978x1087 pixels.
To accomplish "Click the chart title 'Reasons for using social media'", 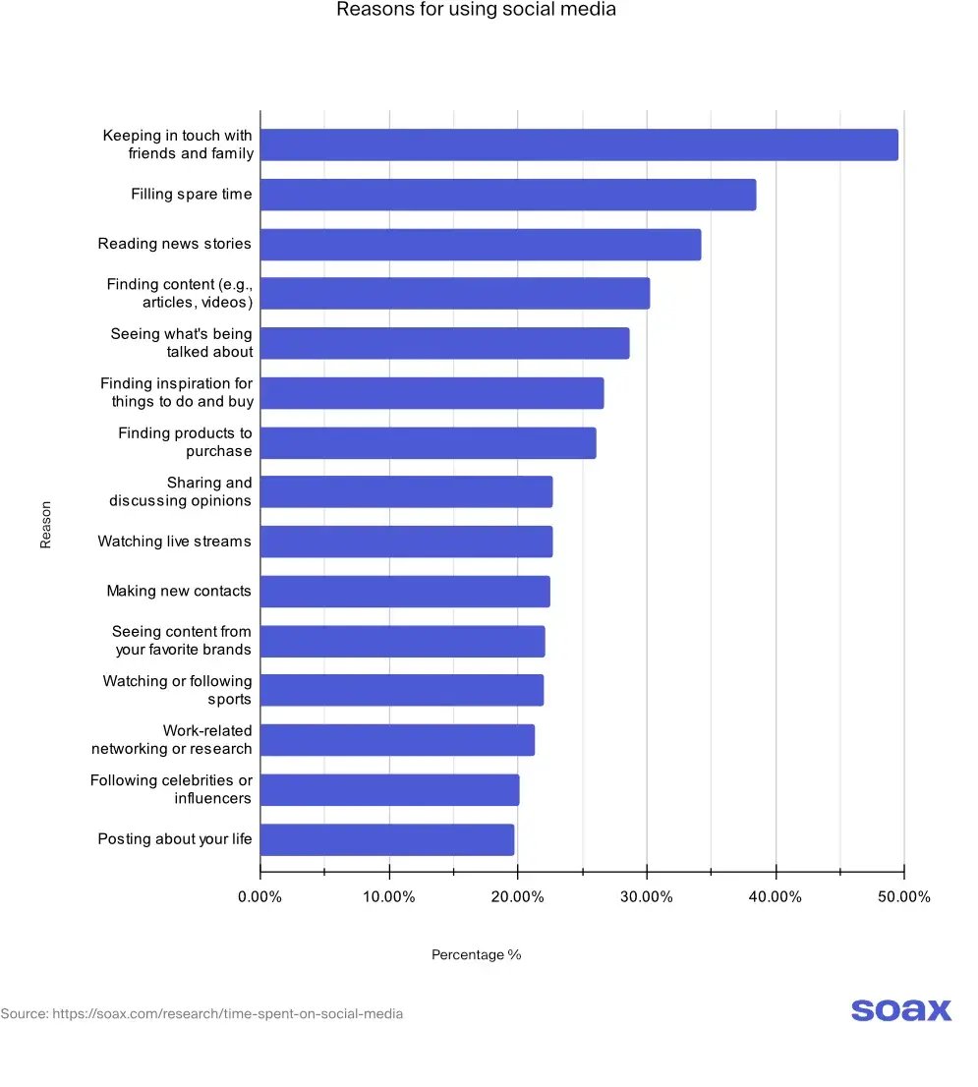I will tap(476, 10).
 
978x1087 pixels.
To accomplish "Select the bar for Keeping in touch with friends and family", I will tap(579, 144).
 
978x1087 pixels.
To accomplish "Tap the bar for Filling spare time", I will tap(508, 195).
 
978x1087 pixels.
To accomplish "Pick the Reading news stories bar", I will tap(481, 244).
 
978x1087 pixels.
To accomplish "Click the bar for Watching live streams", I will tap(406, 542).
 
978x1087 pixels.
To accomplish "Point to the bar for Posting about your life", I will tap(387, 839).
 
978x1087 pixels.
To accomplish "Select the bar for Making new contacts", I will tap(405, 591).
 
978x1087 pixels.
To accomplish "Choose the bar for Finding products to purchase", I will tap(428, 442).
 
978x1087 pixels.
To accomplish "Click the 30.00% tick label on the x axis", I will tap(646, 896).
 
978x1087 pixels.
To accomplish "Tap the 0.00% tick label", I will tap(260, 896).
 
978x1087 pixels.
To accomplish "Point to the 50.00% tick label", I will tap(903, 896).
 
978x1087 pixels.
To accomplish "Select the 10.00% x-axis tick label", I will tap(389, 896).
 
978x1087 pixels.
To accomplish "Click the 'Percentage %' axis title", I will tap(476, 955).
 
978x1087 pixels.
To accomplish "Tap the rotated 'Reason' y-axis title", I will tap(45, 525).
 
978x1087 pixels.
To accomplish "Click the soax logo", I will tap(900, 1009).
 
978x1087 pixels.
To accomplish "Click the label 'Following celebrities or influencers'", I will tap(172, 789).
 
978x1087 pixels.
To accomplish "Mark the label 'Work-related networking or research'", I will tap(172, 739).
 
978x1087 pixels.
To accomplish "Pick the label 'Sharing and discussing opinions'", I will tap(181, 491).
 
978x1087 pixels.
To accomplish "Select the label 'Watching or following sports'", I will tap(178, 690).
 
